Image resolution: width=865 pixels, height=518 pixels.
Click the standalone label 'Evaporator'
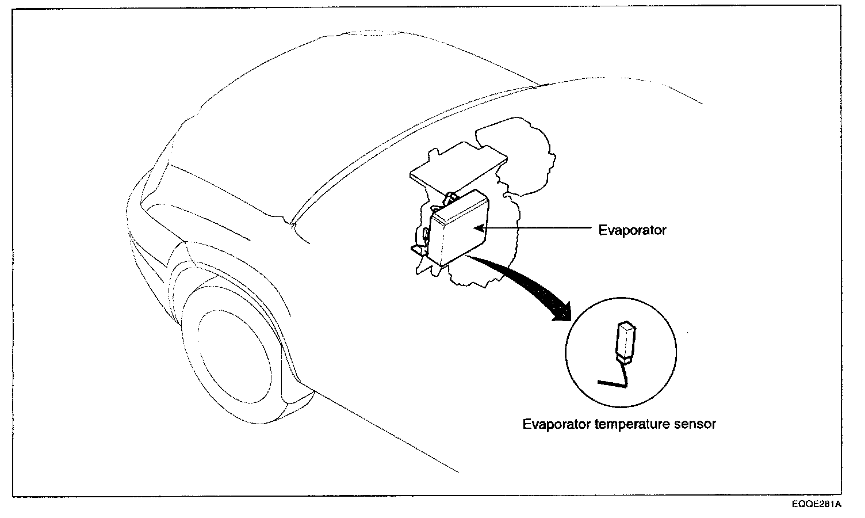(x=632, y=230)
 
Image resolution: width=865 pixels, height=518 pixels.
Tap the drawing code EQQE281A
(x=816, y=505)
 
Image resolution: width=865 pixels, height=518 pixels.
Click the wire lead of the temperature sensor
(x=613, y=381)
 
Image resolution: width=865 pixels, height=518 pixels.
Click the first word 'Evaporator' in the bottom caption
(x=556, y=425)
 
